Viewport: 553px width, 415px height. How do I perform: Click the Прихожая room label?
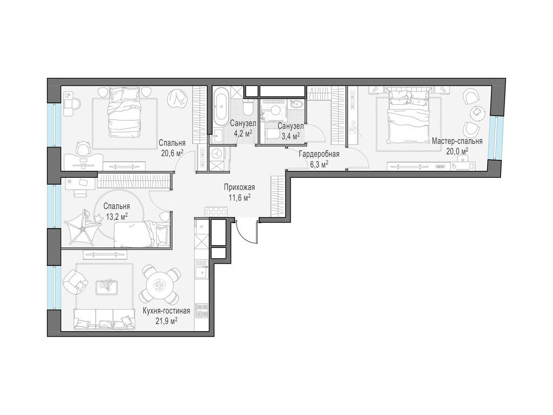[239, 188]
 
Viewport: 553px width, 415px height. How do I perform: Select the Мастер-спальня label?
[457, 142]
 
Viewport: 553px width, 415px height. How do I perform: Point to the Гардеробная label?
[319, 154]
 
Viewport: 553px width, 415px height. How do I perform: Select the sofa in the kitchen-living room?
[104, 319]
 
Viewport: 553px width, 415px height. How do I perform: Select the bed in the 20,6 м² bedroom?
[125, 112]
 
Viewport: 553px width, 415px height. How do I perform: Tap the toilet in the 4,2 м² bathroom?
[248, 107]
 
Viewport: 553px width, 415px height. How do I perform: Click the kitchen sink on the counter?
[202, 272]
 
